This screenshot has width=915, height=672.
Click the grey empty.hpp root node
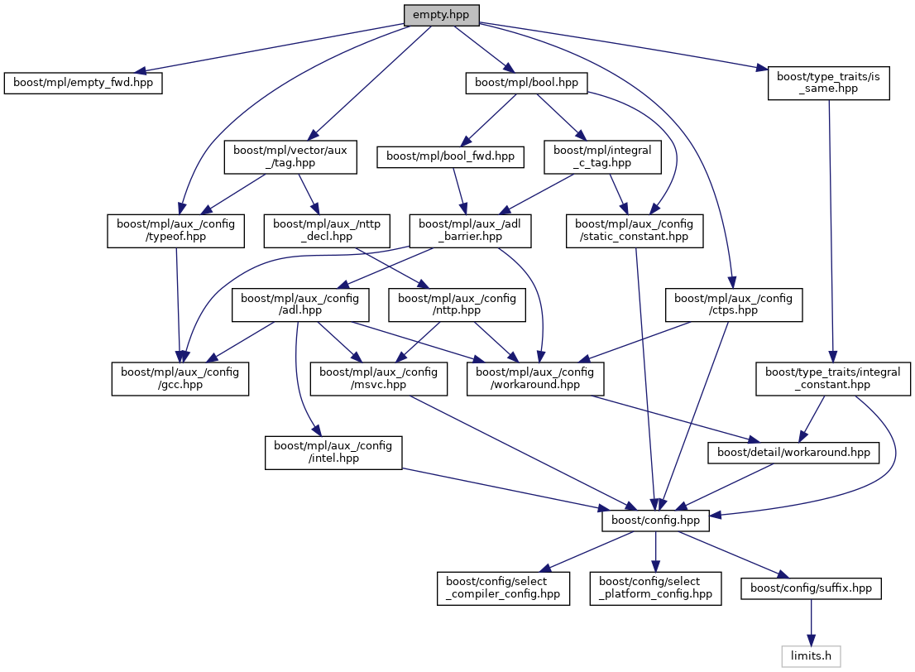[441, 14]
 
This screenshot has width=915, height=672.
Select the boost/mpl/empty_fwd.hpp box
[83, 84]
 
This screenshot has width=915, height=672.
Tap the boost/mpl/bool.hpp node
[527, 83]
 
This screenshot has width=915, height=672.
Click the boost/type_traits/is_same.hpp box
[828, 84]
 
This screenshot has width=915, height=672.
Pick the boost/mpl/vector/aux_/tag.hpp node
[290, 156]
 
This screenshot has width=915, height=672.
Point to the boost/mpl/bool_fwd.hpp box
[451, 156]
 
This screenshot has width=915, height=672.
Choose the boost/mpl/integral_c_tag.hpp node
[602, 156]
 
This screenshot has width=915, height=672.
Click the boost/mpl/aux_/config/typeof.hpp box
[175, 230]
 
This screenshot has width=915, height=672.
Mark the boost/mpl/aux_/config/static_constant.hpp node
[635, 230]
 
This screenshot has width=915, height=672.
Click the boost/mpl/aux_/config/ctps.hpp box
[734, 305]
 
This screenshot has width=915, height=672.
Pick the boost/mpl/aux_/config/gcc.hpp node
[181, 378]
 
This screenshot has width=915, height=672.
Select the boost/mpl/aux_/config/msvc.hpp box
[379, 378]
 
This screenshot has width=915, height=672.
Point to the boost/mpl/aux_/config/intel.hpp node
[333, 452]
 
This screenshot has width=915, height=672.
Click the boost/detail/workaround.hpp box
[793, 453]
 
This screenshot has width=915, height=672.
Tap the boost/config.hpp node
[655, 520]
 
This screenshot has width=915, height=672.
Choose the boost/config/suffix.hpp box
[811, 588]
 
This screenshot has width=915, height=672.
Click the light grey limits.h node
[811, 656]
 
